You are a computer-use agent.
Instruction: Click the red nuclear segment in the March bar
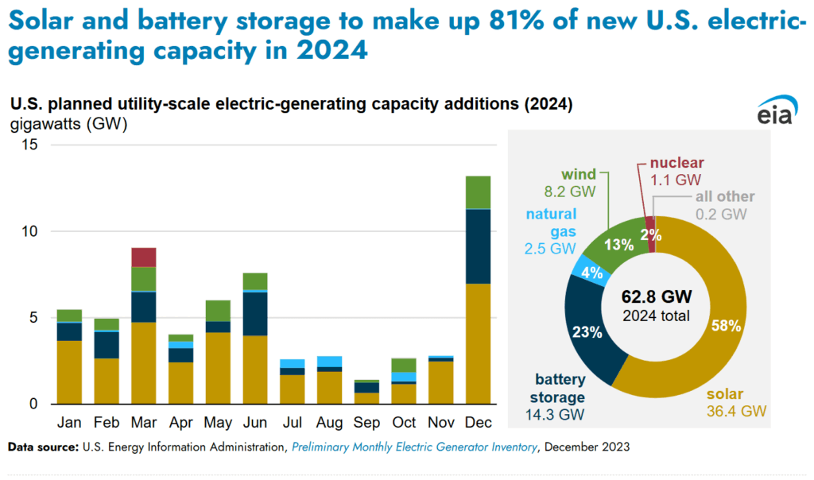point(144,257)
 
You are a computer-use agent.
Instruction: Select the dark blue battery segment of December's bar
point(478,246)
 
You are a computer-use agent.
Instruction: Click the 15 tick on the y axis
point(29,145)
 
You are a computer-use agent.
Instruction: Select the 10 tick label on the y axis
point(29,231)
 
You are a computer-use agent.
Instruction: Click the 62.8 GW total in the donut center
point(656,297)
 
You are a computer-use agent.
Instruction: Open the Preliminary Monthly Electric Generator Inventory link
point(413,447)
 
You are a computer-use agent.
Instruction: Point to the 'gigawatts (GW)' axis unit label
point(68,124)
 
